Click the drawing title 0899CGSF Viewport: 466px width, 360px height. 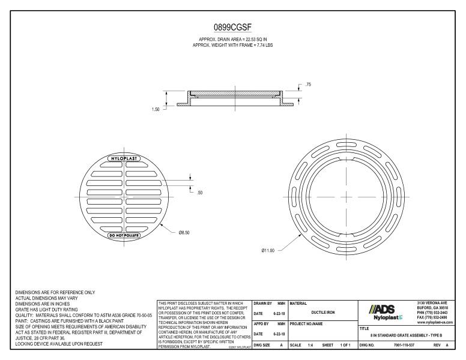[232, 27]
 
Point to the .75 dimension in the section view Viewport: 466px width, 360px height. [308, 85]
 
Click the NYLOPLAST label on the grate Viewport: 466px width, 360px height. [124, 158]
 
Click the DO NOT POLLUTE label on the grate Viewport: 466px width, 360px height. [124, 235]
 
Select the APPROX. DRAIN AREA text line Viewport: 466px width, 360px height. [232, 40]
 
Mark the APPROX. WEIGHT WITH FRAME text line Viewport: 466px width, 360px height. [232, 46]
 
